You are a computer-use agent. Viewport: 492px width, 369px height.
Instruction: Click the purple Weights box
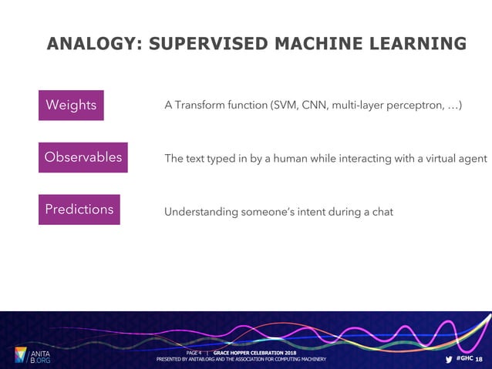point(71,106)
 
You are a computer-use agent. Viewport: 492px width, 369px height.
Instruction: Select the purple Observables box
point(83,157)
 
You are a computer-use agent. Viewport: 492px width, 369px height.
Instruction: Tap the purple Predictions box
point(79,210)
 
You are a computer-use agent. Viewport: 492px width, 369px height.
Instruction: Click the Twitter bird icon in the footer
point(449,359)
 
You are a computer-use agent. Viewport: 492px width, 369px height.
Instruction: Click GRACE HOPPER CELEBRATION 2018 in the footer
point(254,352)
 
